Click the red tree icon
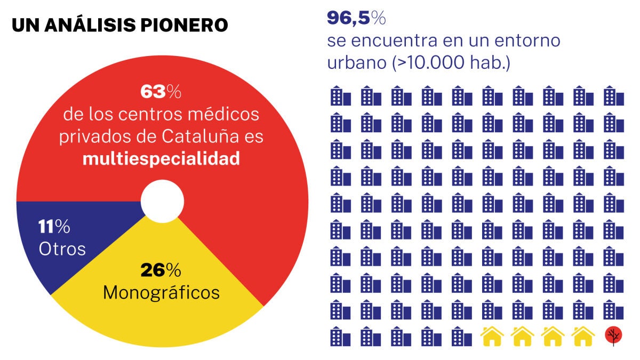tap(614, 335)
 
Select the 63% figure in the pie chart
tap(161, 92)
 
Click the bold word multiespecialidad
tap(161, 159)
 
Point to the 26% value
tap(161, 270)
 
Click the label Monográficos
tap(161, 292)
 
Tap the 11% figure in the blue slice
tap(54, 227)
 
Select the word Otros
tap(62, 249)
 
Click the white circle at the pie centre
tap(162, 202)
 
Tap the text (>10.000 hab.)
tap(452, 63)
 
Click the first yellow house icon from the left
tap(492, 336)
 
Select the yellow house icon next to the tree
tap(583, 336)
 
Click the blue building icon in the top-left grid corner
tap(340, 97)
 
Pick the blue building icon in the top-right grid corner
tap(614, 97)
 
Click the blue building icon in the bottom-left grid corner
tap(340, 336)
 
